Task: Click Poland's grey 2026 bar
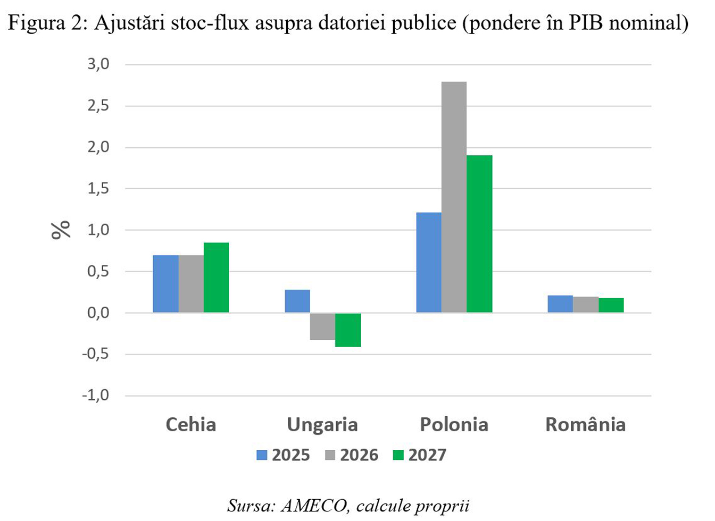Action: pyautogui.click(x=454, y=197)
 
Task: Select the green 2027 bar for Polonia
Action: pyautogui.click(x=479, y=234)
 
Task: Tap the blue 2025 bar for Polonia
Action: pyautogui.click(x=429, y=262)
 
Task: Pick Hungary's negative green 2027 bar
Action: pyautogui.click(x=348, y=330)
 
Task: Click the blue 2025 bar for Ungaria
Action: pyautogui.click(x=297, y=301)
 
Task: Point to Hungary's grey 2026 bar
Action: pyautogui.click(x=322, y=326)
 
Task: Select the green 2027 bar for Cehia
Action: pyautogui.click(x=216, y=278)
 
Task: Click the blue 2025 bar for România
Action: pyautogui.click(x=560, y=304)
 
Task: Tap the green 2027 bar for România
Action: pyautogui.click(x=611, y=305)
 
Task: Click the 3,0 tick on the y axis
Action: pyautogui.click(x=98, y=64)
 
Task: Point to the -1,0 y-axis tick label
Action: pyautogui.click(x=95, y=396)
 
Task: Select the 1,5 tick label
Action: pyautogui.click(x=98, y=189)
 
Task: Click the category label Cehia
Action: pyautogui.click(x=190, y=425)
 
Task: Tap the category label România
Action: pyautogui.click(x=585, y=425)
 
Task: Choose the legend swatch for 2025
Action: pyautogui.click(x=262, y=455)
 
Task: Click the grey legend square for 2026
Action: pyautogui.click(x=330, y=455)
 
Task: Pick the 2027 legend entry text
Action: pyautogui.click(x=427, y=455)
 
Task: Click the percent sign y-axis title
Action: pyautogui.click(x=61, y=230)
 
